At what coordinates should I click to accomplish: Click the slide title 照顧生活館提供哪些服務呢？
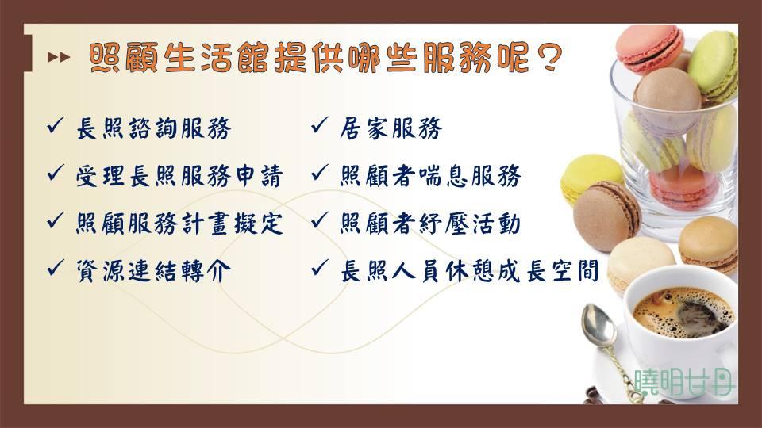[325, 58]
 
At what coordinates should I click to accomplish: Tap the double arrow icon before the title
[58, 57]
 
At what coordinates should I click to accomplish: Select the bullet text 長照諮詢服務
[153, 128]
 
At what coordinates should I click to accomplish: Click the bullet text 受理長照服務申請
[179, 176]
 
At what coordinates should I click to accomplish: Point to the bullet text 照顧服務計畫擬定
[179, 224]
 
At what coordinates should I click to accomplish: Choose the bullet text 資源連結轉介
[153, 271]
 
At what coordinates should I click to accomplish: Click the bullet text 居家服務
[391, 128]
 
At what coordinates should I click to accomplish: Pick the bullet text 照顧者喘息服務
[430, 176]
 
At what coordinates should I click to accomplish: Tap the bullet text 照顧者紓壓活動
[430, 224]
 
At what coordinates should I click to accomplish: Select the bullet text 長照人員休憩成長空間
[469, 271]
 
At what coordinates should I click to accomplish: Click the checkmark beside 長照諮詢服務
[56, 125]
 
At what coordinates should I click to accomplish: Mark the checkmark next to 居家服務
[319, 125]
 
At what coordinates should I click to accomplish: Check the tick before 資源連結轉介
[56, 267]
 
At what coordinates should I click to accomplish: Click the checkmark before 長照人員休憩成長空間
[319, 267]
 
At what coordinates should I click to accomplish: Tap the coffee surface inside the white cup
[683, 312]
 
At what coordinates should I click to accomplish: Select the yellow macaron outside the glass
[590, 178]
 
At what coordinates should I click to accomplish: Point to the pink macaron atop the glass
[650, 49]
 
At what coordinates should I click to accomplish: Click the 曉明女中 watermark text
[684, 382]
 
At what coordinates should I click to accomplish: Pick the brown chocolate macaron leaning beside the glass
[606, 216]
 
